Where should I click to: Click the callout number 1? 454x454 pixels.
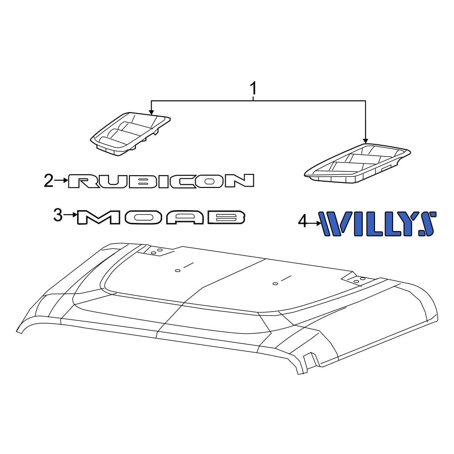coord(254,88)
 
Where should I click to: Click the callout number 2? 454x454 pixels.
coord(49,181)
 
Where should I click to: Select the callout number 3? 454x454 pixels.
coord(58,215)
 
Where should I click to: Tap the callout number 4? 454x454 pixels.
coord(303,222)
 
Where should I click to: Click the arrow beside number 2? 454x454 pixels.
coord(61,181)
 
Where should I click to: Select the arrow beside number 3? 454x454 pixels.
coord(69,215)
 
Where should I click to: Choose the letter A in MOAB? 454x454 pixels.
coord(182,217)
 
